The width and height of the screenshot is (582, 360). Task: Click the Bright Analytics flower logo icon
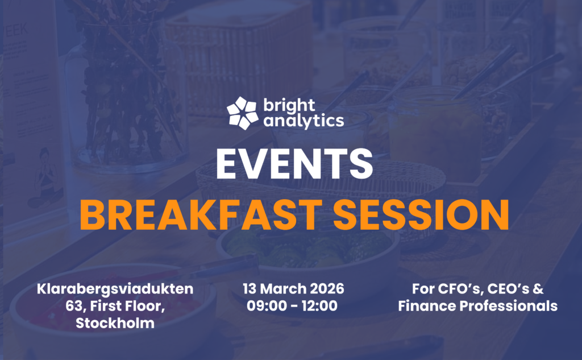click(x=243, y=113)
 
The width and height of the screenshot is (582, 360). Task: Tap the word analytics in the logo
click(x=303, y=121)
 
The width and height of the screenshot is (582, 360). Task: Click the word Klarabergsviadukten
click(x=115, y=289)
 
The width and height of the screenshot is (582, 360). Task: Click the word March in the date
click(x=283, y=289)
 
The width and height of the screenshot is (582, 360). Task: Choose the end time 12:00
click(x=319, y=306)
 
